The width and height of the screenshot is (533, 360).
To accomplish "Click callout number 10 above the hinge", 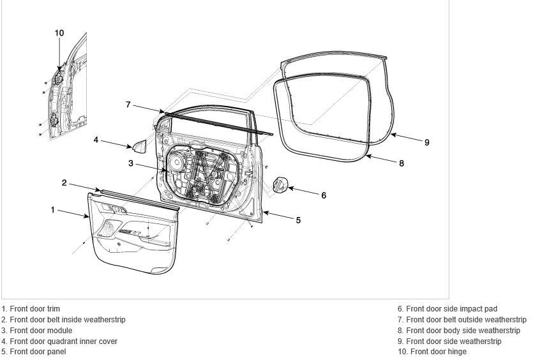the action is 59,33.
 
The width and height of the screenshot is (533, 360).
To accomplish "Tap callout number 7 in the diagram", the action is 128,105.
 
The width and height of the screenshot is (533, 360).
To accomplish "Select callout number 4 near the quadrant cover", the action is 96,140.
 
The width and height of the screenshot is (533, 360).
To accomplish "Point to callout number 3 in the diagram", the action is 131,163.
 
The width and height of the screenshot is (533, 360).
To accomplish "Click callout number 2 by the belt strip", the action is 64,183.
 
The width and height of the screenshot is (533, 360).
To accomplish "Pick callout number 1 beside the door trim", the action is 53,210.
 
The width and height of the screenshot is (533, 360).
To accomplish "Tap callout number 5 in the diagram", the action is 298,220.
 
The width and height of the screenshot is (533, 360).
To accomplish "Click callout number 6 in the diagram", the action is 324,195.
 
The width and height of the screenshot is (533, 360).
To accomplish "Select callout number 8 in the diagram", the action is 402,163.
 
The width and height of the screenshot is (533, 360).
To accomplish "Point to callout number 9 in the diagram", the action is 427,142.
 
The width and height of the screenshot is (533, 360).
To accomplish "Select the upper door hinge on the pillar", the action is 59,79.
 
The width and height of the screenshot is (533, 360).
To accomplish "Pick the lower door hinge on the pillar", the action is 54,119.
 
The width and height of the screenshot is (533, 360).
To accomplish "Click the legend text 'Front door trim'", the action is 34,309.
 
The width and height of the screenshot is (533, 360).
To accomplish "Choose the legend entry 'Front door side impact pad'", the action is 452,309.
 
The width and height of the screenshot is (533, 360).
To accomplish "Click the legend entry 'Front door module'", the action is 41,331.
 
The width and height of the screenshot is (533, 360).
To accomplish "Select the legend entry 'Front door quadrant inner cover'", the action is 64,341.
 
